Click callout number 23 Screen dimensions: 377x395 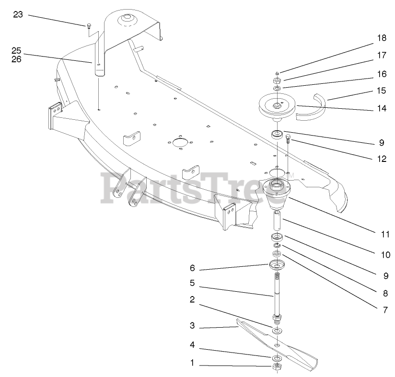[18, 14]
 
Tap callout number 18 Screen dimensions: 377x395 [381, 38]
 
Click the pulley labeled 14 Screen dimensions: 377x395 [277, 107]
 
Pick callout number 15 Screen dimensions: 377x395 [381, 90]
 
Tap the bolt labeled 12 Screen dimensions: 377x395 [289, 139]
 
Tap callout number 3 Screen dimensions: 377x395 [191, 326]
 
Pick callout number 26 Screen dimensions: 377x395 [17, 59]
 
